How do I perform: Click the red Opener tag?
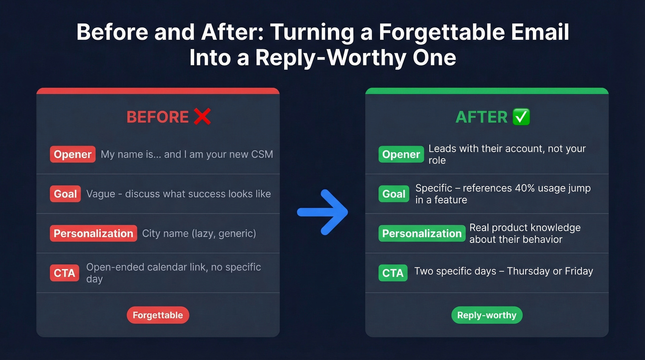73,154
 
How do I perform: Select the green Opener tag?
401,154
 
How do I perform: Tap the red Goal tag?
65,194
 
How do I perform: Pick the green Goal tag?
394,194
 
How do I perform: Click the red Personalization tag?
94,234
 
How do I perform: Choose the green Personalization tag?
422,234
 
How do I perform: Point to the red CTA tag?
64,273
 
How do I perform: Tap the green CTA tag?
393,273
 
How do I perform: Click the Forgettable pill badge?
158,315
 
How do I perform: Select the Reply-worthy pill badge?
487,315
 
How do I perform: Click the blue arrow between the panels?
322,212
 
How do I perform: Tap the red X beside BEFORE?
202,117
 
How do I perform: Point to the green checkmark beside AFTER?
521,117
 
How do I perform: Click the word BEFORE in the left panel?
158,117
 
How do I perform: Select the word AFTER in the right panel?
481,117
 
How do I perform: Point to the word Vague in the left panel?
99,194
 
